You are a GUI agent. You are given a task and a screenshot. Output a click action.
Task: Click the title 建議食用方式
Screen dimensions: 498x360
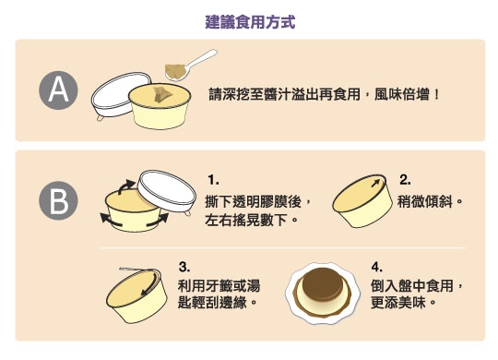point(250,22)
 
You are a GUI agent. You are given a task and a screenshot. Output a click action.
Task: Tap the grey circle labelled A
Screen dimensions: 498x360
point(58,90)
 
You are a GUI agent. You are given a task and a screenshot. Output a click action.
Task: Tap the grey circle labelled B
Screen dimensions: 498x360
point(58,200)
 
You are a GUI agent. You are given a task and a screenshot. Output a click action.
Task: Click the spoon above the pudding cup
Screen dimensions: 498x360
point(191,66)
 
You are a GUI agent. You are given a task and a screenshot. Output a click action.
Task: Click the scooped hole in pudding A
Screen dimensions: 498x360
point(163,93)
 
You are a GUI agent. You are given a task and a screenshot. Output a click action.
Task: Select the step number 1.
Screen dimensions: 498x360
point(213,180)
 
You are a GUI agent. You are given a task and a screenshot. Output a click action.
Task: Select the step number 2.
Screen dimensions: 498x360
point(405,180)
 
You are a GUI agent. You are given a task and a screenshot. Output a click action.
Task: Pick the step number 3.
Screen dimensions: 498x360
point(184,267)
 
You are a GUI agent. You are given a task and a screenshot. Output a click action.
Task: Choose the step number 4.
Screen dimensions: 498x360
point(377,267)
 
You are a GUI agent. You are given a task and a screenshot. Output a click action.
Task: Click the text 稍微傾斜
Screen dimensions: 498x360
point(425,201)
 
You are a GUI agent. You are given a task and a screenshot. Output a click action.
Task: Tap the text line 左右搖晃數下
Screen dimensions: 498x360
point(246,220)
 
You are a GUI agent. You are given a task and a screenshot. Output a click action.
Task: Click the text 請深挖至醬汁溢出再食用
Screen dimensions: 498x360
point(284,94)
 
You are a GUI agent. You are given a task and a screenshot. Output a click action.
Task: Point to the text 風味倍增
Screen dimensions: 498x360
point(402,94)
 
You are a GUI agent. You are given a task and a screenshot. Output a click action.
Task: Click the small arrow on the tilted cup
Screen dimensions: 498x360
point(375,183)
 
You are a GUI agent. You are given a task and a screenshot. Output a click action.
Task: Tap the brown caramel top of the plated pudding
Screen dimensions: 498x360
point(323,283)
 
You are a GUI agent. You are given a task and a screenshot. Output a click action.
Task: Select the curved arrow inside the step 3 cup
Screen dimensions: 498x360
point(150,283)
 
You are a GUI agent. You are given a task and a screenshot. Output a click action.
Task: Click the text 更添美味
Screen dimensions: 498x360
point(398,303)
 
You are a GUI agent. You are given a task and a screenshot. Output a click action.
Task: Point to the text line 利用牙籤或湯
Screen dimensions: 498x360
point(219,285)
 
